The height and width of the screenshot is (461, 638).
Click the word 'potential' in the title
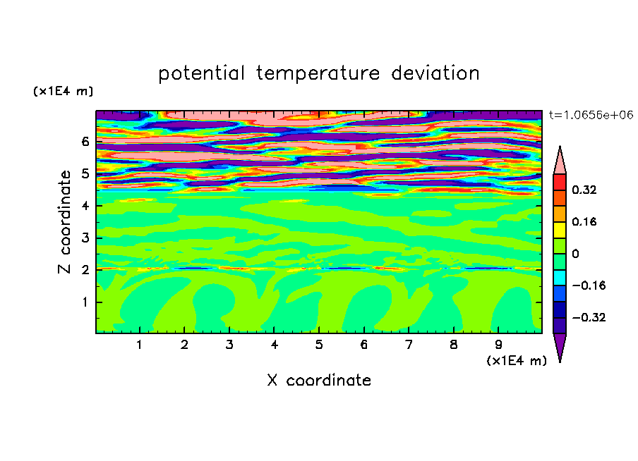tap(201, 74)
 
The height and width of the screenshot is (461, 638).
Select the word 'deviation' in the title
tap(435, 73)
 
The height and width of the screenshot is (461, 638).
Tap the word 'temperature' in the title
tap(318, 74)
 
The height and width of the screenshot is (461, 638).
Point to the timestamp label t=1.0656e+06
tap(591, 115)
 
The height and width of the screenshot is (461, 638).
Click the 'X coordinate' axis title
tap(319, 380)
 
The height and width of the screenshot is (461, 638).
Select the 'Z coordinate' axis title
tap(64, 222)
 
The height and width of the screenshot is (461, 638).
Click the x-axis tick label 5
tap(319, 345)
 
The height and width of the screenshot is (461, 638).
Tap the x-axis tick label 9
tap(498, 345)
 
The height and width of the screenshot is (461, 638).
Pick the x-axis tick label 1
tap(139, 345)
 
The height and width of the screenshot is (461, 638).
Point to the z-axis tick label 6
tap(85, 142)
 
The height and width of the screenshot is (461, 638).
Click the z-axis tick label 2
tap(85, 270)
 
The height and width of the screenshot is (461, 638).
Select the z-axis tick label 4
tap(85, 206)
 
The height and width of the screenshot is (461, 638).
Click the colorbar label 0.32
tap(584, 190)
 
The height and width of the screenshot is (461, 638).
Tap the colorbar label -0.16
tap(589, 285)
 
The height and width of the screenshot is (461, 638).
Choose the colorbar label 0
tap(575, 254)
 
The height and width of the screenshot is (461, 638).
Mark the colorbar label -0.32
tap(589, 317)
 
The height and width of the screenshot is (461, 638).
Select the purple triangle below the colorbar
tap(560, 345)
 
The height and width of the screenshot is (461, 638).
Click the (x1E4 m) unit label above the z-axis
tap(63, 91)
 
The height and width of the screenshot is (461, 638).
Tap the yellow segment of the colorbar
tap(560, 230)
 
